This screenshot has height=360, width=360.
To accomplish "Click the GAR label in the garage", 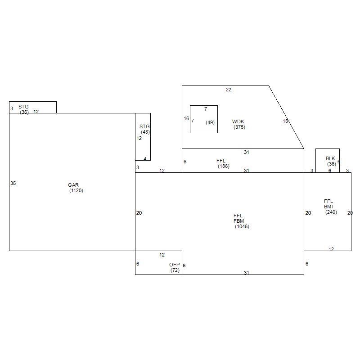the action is coord(73,185).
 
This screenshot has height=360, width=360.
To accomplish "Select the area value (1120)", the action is coord(76,190).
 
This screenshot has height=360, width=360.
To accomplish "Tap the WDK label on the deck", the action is coord(238,121).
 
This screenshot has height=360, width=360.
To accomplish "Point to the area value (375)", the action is coord(239,127).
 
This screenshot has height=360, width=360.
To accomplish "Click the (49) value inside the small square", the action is coord(210,122).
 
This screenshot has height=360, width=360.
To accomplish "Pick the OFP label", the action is coord(175,265).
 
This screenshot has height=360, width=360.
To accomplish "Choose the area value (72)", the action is coord(175,270).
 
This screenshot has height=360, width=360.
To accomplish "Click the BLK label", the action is coord(330,158).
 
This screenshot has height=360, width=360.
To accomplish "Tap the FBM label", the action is coord(239,221).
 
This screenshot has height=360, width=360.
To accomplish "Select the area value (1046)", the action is coord(242,227).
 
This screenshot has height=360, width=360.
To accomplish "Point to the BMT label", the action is coord(329,207).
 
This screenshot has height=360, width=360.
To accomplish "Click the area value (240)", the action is coord(331,212).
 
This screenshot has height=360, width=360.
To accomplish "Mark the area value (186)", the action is coord(224,166).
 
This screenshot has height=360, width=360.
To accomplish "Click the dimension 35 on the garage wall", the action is coord(13,183).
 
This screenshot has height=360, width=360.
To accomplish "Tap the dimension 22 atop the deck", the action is coord(229,90).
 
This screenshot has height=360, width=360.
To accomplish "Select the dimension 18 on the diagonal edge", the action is coord(285,121).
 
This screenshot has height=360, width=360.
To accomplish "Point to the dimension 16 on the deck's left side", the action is coord(186,118).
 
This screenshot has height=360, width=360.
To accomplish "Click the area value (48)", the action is coord(145,132).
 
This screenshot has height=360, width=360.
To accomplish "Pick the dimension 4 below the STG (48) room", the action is coord(145,159).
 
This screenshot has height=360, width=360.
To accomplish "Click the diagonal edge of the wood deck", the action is coord(287,117).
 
